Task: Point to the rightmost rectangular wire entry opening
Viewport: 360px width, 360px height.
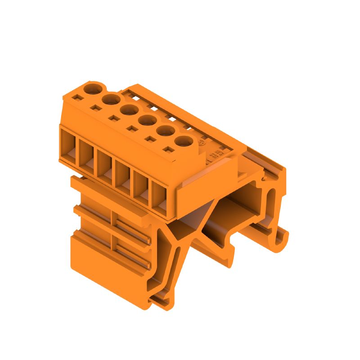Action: pyautogui.click(x=159, y=198)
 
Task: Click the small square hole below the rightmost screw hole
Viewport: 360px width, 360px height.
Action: pyautogui.click(x=167, y=149)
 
